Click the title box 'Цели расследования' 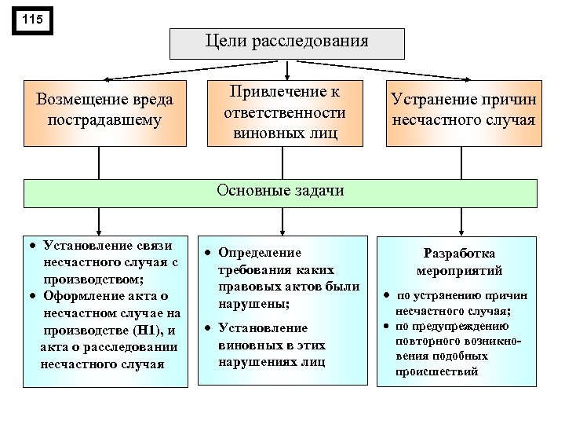pyautogui.click(x=286, y=42)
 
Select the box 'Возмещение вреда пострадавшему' pyautogui.click(x=105, y=111)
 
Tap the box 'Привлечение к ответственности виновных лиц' pyautogui.click(x=286, y=111)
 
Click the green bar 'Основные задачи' pyautogui.click(x=280, y=191)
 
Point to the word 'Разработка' pyautogui.click(x=459, y=254)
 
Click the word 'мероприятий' pyautogui.click(x=459, y=271)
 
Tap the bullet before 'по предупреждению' pyautogui.click(x=387, y=326)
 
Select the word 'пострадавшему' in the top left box pyautogui.click(x=105, y=122)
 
